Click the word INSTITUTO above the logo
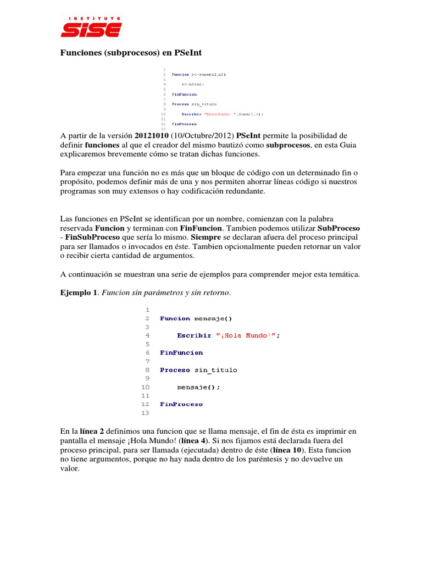point(91,18)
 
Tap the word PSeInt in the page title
point(188,53)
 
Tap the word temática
point(342,274)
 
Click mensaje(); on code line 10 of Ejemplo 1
point(198,387)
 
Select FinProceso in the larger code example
point(181,404)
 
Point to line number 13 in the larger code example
point(146,413)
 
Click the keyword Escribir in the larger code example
point(192,335)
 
